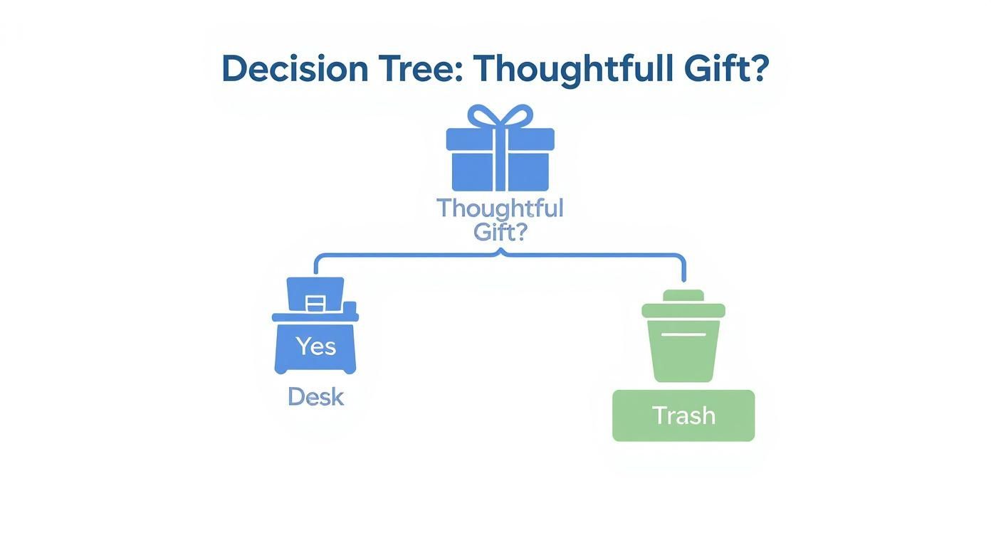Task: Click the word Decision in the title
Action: tap(295, 70)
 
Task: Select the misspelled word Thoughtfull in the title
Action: tap(572, 70)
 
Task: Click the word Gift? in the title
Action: tap(726, 70)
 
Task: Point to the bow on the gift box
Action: tap(500, 117)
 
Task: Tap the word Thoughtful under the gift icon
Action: tap(500, 208)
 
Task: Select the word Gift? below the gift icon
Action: tap(500, 232)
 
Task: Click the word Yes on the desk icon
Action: tap(315, 346)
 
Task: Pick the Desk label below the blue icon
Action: tap(315, 397)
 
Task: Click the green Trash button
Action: tap(683, 415)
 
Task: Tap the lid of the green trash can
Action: tap(683, 310)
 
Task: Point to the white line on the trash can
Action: tap(683, 334)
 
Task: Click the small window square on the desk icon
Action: tap(315, 304)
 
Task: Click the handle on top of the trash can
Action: tap(683, 295)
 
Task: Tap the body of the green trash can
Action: tap(683, 356)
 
